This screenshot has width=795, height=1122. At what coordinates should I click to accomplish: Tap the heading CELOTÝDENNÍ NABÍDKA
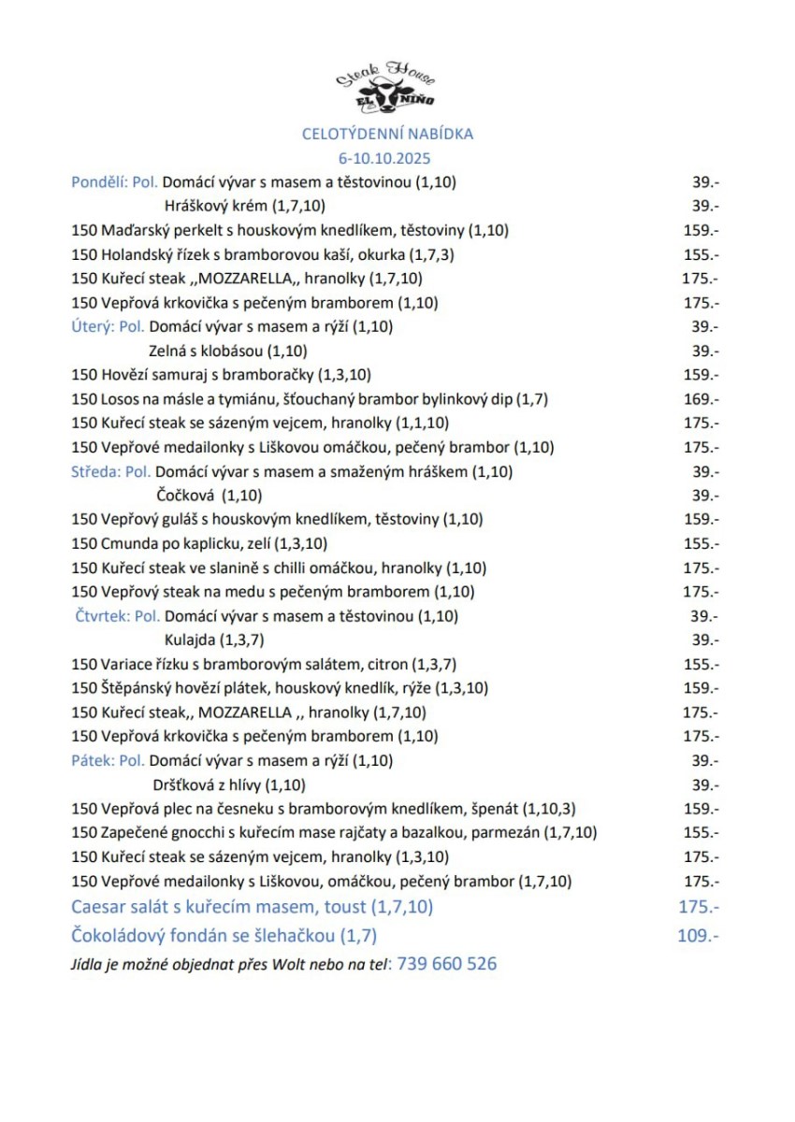click(387, 134)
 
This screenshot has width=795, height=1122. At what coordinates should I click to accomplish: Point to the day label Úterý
click(92, 326)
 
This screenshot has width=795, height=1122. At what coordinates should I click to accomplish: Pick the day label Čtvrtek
click(101, 616)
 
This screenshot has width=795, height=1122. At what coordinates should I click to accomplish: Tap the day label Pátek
click(92, 761)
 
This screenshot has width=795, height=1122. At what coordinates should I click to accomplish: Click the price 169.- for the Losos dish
click(701, 399)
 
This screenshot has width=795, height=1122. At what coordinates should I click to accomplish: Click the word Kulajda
click(190, 640)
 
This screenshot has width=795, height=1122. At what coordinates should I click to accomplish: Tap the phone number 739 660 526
click(447, 964)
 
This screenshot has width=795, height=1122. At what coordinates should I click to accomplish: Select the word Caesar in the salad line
click(98, 906)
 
